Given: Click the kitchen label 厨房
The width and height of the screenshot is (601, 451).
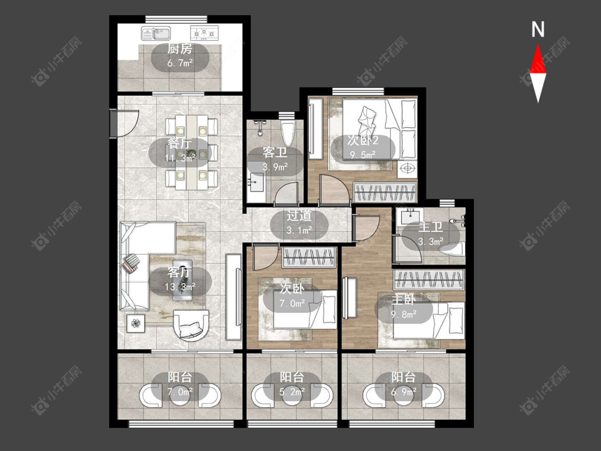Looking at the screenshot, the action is (179, 49).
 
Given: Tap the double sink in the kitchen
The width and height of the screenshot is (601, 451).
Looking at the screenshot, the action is (156, 33).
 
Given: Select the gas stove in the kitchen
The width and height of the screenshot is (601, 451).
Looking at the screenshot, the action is (204, 33).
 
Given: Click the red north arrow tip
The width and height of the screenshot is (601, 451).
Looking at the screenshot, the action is (538, 45).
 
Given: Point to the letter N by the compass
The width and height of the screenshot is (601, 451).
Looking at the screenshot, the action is (538, 29).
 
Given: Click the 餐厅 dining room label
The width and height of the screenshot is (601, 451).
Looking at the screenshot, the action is (179, 144).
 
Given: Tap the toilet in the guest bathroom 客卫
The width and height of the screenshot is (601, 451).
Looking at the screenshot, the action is (287, 133).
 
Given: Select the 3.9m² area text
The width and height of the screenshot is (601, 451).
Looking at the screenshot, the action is (275, 167).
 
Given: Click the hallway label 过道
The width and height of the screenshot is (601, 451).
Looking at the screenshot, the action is (299, 216).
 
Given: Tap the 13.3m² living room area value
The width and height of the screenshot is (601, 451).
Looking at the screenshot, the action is (180, 286).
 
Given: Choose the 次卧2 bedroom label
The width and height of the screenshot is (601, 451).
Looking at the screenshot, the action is (363, 141).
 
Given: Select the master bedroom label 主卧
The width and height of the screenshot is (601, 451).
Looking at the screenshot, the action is (403, 300).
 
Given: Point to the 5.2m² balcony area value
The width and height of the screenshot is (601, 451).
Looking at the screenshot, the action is (292, 392).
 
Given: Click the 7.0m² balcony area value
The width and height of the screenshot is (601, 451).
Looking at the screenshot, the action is (180, 392).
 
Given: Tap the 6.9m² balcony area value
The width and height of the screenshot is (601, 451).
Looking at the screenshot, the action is (404, 392).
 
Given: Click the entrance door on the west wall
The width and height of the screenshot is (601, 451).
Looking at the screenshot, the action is (115, 123).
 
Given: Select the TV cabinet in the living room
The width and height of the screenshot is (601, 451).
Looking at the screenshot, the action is (233, 297).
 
